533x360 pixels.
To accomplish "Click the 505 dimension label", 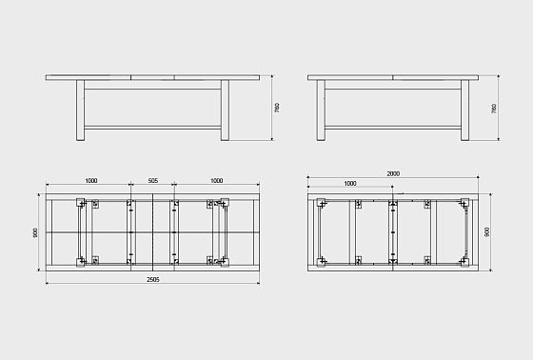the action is [x=153, y=181].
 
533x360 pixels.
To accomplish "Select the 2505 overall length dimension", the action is [x=153, y=280].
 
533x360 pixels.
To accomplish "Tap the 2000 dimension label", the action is [x=393, y=173].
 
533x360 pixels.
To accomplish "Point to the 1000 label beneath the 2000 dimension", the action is [x=350, y=184].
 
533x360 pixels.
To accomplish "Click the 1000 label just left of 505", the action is [x=91, y=181].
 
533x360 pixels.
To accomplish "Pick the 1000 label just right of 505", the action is [x=217, y=181].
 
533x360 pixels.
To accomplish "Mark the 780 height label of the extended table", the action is [x=277, y=108].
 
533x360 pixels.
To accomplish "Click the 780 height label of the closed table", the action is [x=494, y=109].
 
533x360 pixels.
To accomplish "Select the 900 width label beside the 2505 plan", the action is [x=35, y=232].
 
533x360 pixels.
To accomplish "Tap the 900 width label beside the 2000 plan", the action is [x=487, y=232].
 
